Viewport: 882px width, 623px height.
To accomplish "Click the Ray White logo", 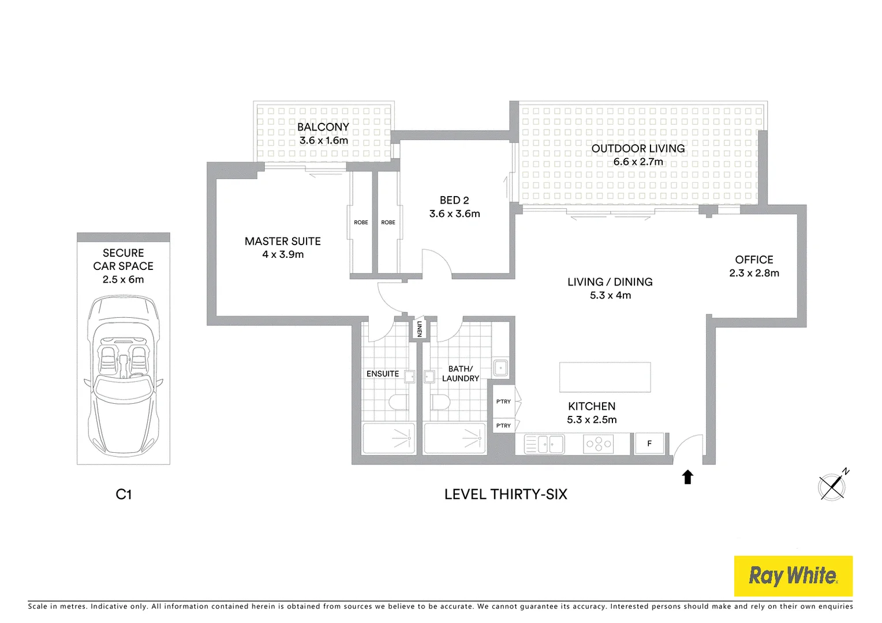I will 793,576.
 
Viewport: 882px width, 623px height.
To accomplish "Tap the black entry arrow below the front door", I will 687,477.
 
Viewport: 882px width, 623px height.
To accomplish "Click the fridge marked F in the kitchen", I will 649,444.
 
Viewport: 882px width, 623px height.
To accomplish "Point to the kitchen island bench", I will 605,377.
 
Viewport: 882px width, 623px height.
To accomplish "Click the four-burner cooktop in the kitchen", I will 599,444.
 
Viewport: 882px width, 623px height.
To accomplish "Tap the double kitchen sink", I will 544,444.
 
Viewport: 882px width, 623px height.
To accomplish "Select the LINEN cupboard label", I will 419,329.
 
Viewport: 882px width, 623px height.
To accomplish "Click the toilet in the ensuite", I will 399,401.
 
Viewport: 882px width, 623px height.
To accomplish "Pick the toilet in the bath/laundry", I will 440,401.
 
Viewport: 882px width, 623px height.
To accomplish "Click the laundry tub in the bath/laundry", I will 500,367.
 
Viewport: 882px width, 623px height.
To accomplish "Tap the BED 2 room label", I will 454,200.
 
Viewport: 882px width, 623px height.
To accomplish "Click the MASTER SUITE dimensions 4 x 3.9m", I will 283,254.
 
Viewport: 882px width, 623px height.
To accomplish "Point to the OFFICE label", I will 754,260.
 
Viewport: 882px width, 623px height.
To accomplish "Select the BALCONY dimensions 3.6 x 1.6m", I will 323,140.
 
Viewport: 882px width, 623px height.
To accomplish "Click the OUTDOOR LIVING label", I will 638,148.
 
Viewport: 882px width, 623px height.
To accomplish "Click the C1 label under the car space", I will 124,494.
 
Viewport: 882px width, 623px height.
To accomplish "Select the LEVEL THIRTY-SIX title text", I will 506,494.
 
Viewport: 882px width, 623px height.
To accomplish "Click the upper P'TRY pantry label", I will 503,401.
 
